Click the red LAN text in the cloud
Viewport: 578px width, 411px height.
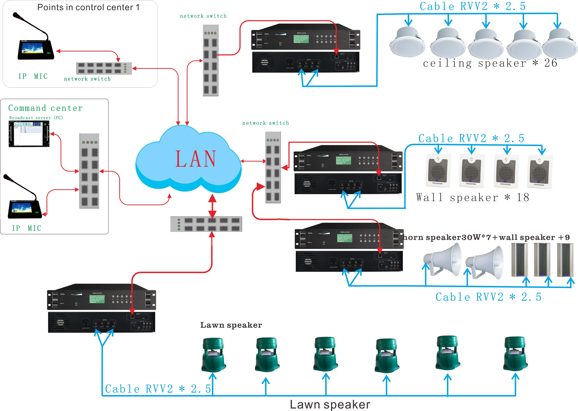[196, 159]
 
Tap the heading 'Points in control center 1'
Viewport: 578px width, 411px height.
[88, 7]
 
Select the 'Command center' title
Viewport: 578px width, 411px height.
[46, 108]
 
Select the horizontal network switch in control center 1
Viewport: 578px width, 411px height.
[104, 68]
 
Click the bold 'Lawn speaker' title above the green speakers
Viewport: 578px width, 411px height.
[231, 325]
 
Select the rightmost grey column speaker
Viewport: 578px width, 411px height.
[565, 260]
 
